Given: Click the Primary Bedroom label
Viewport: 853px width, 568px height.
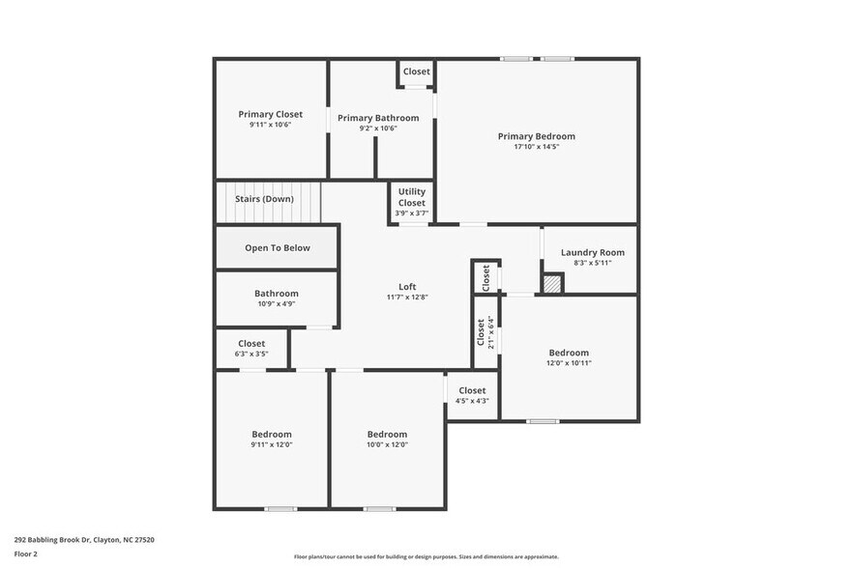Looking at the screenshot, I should click(536, 136).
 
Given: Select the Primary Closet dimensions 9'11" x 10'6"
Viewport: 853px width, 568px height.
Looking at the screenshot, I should click(270, 125).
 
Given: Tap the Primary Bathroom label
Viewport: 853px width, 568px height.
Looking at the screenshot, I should click(378, 118).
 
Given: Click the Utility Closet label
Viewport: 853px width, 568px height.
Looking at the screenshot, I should click(411, 197).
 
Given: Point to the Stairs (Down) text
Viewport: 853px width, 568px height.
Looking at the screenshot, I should click(264, 199).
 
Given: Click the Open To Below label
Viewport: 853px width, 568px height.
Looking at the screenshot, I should click(278, 248).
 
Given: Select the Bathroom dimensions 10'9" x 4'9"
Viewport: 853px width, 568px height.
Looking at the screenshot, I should click(277, 304).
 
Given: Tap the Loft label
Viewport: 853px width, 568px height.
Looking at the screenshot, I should click(407, 286).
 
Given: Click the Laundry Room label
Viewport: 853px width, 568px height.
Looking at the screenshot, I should click(592, 253).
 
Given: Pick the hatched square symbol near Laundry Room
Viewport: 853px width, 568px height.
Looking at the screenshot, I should click(551, 284).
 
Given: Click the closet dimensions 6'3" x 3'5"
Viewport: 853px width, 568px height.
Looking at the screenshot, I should click(251, 355).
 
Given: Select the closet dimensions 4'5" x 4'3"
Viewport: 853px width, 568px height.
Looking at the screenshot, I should click(472, 401).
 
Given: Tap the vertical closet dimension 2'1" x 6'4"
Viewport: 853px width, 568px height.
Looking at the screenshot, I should click(491, 332).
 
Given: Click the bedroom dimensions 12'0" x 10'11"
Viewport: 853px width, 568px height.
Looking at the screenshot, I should click(569, 363).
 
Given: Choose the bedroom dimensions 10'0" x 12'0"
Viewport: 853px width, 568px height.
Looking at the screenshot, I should click(387, 444).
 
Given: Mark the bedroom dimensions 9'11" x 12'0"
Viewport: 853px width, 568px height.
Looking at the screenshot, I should click(272, 444).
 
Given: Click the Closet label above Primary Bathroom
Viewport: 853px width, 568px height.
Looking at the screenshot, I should click(417, 71).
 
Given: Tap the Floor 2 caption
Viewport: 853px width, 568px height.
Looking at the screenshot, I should click(26, 554).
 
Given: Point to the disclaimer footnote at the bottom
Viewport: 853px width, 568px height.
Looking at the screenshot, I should click(426, 556).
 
